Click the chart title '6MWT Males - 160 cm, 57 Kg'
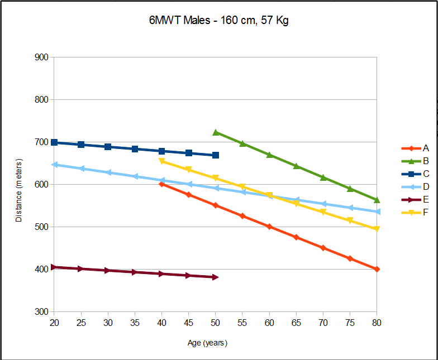point(216,21)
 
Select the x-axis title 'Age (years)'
point(207,343)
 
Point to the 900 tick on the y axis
point(42,57)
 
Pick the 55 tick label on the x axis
point(242,323)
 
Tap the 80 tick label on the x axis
point(377,323)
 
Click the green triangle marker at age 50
point(216,133)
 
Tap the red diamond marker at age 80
point(377,269)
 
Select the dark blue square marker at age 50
point(216,155)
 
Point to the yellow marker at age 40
point(162,161)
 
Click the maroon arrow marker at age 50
point(216,277)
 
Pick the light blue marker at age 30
point(108,172)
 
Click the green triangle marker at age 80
point(377,200)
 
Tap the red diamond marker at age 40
point(162,184)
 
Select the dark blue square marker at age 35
point(135,149)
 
